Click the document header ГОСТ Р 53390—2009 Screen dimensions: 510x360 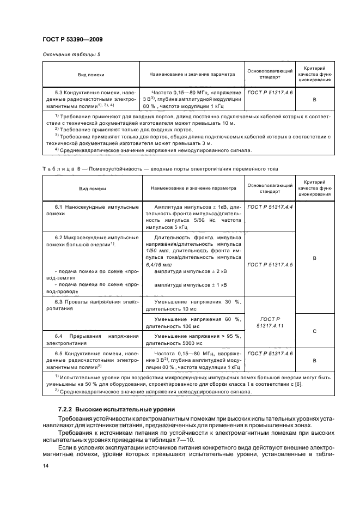(x=72, y=39)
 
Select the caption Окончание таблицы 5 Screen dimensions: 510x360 (x=71, y=55)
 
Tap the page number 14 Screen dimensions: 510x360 (x=45, y=465)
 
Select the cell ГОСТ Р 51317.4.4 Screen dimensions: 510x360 (x=270, y=207)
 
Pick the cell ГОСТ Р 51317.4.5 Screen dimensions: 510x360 (x=270, y=264)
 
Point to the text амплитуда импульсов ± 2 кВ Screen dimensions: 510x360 (x=191, y=271)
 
